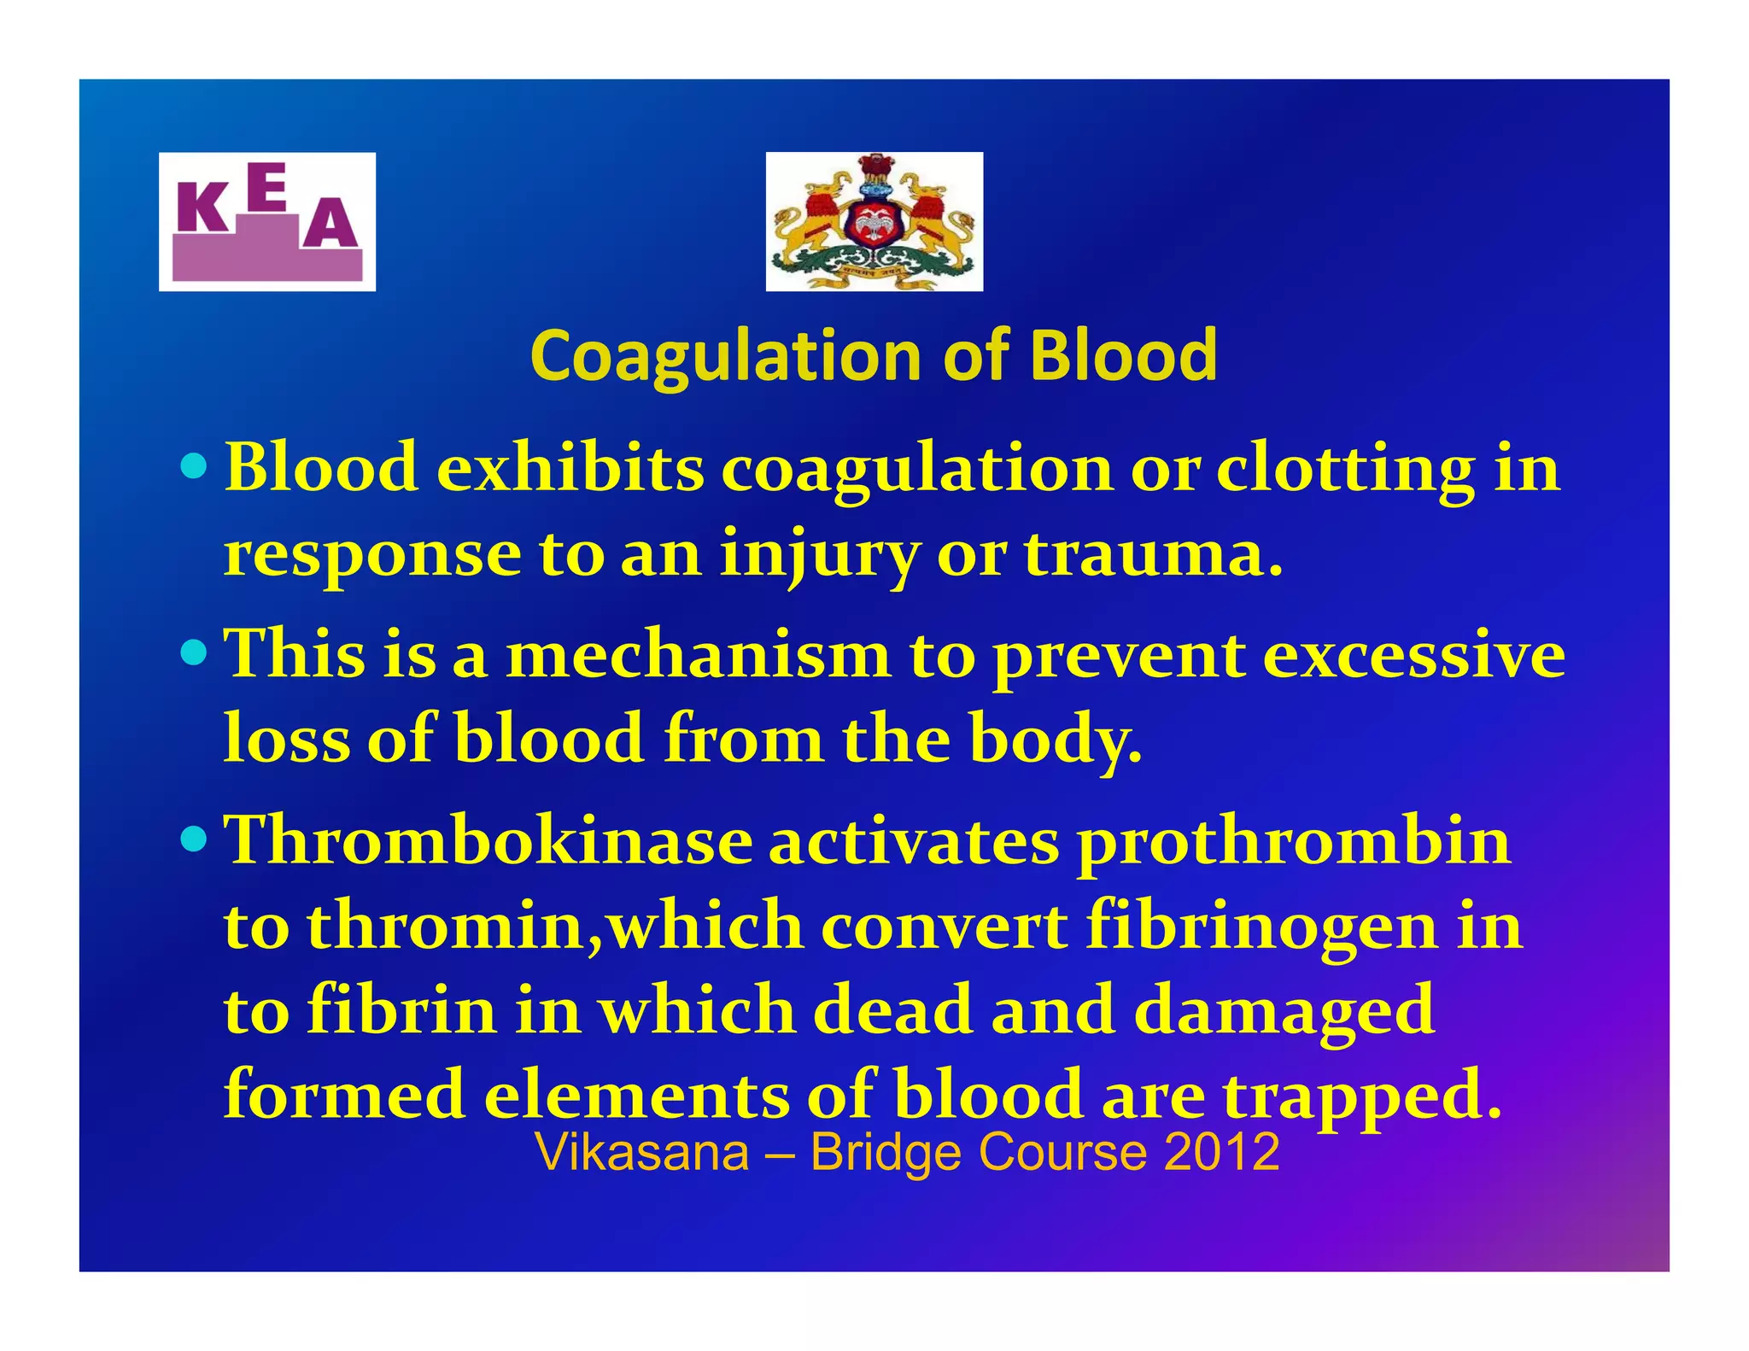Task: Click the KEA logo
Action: point(266,222)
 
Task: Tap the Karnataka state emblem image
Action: point(874,222)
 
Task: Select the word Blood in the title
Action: point(1124,355)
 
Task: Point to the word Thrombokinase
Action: point(488,841)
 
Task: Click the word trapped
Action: point(1362,1095)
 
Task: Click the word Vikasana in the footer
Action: point(642,1152)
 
